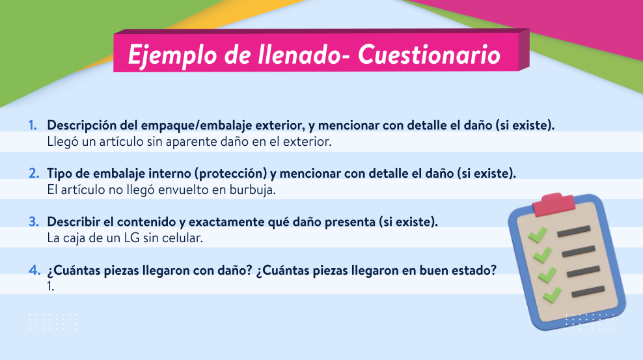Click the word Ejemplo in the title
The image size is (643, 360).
pos(172,55)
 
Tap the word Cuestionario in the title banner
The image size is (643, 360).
pos(429,54)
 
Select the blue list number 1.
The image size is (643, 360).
pos(33,125)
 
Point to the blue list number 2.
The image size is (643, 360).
pos(34,173)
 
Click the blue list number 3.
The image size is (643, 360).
pos(34,222)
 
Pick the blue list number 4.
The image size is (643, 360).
pos(34,270)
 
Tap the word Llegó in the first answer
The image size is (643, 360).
pos(62,142)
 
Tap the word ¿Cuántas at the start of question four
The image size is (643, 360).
pos(74,271)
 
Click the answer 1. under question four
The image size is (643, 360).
pos(51,286)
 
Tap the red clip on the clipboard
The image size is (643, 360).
pos(554,204)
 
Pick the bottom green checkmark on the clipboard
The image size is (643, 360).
pos(552,295)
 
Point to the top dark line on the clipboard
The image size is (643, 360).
pos(574,231)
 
